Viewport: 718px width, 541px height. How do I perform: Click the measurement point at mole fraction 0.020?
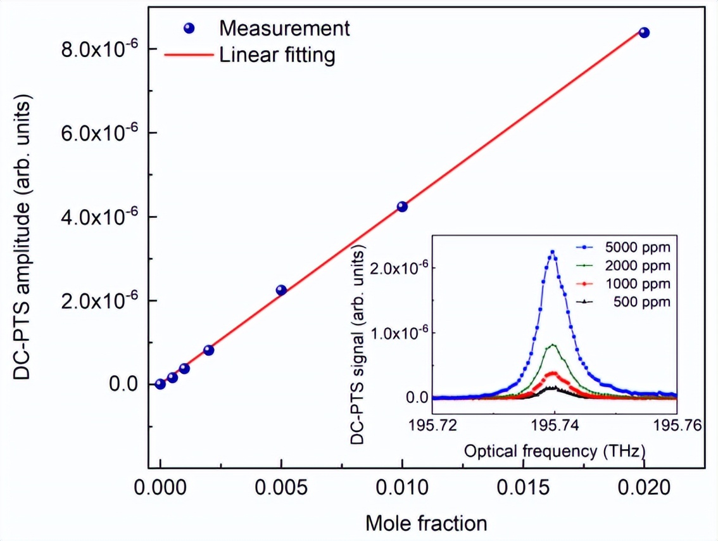644,32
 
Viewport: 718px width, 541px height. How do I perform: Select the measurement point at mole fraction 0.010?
402,207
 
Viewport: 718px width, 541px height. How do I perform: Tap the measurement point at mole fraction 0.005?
281,290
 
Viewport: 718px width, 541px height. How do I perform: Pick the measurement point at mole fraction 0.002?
209,350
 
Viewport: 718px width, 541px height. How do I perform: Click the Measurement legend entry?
284,29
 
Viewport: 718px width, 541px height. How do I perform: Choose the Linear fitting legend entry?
277,56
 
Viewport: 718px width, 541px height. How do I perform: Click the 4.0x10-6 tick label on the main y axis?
104,217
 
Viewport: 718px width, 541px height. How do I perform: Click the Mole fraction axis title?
426,523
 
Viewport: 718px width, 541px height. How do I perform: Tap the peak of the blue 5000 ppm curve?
553,251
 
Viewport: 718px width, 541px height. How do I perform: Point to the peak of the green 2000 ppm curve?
553,345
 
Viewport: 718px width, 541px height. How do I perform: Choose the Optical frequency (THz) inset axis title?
555,452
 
